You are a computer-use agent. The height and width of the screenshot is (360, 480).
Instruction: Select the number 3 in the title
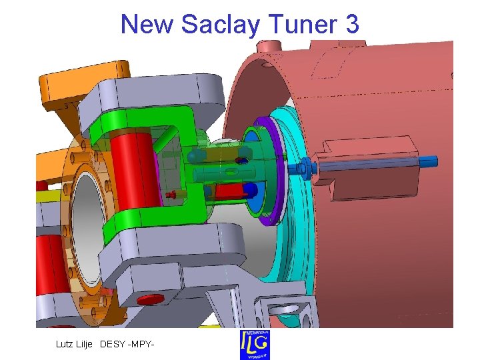pos(352,25)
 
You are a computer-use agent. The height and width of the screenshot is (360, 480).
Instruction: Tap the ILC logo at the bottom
pos(255,344)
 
